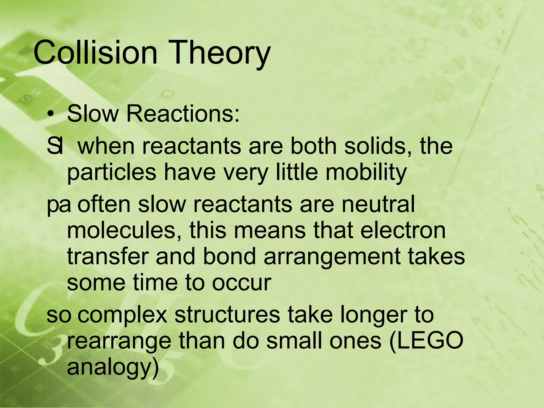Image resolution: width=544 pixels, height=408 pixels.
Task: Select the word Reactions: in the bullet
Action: (x=183, y=114)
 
